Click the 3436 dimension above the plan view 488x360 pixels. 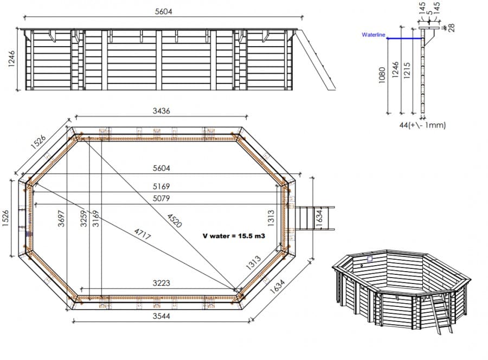(x=161, y=111)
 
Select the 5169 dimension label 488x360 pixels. (x=161, y=187)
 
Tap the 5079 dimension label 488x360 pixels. (x=161, y=198)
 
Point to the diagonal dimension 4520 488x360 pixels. (x=174, y=220)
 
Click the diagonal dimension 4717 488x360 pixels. (x=142, y=234)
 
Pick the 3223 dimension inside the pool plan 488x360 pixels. (x=161, y=283)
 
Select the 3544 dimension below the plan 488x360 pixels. (x=161, y=316)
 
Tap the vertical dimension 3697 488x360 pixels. (x=61, y=218)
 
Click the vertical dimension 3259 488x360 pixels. (x=84, y=218)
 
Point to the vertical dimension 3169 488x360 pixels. (x=95, y=218)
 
